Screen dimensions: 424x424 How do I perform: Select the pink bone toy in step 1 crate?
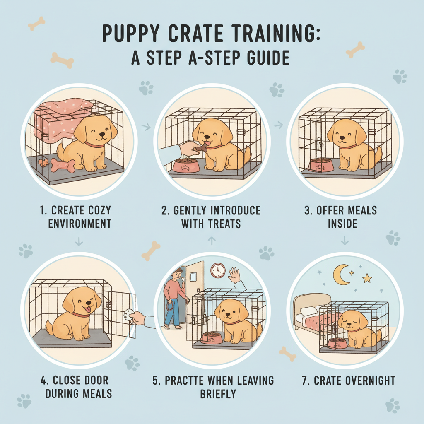(63, 165)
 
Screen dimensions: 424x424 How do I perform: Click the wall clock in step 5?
(218, 270)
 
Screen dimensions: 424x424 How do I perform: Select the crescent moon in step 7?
(341, 275)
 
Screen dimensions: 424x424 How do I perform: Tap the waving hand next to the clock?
(235, 275)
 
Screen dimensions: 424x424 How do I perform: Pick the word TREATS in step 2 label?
(224, 224)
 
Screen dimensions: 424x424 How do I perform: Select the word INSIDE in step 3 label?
(342, 224)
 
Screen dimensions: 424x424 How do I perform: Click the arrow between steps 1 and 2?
(146, 126)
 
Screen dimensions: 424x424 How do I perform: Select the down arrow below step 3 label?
(344, 240)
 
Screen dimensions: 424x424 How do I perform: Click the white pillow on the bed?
(308, 311)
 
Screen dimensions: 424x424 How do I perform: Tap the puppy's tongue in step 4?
(87, 310)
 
